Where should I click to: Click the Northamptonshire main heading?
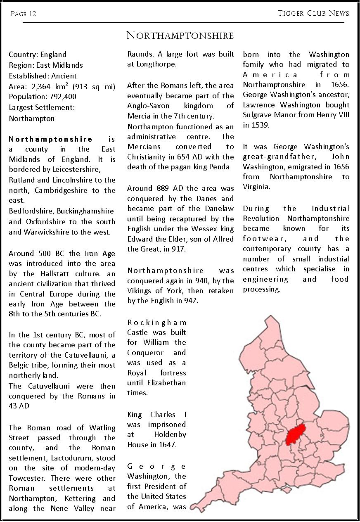click(180, 36)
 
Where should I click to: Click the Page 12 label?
click(24, 14)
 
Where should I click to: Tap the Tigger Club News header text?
click(313, 13)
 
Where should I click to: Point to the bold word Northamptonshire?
click(50, 139)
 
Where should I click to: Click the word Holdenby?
click(170, 434)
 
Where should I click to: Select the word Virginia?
click(256, 187)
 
